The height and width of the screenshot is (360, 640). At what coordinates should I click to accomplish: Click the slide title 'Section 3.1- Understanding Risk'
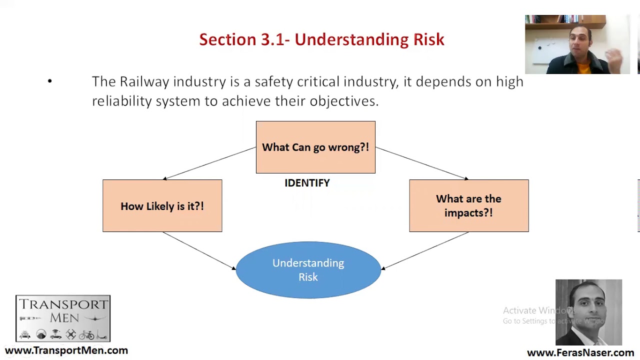tap(321, 39)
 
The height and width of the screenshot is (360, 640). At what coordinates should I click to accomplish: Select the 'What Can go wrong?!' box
tap(315, 147)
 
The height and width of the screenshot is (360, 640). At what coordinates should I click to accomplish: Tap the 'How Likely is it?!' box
tap(162, 205)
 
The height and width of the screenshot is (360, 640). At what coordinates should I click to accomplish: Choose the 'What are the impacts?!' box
tap(468, 205)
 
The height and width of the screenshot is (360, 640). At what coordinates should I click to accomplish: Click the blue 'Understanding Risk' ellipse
tap(308, 270)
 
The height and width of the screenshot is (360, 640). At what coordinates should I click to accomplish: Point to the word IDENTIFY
tap(307, 183)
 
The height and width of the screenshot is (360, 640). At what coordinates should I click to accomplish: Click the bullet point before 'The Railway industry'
tap(49, 81)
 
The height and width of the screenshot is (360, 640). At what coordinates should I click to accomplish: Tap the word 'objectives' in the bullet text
tap(343, 101)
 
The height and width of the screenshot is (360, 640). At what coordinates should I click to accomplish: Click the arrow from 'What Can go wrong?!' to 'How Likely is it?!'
tap(210, 162)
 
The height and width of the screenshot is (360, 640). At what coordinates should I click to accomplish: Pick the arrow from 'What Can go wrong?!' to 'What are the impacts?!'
tap(421, 162)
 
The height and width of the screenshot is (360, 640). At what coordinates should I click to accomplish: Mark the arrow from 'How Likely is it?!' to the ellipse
tap(198, 250)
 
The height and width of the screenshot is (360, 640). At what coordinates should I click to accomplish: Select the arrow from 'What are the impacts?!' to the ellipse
tap(425, 250)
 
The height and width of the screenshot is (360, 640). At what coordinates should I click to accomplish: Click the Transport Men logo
tap(63, 318)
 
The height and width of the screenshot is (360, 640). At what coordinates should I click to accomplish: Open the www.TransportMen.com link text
tap(66, 350)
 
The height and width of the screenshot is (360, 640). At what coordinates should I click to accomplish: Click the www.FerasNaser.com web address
tap(580, 353)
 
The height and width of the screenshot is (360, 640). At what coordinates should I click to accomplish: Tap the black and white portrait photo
tap(588, 312)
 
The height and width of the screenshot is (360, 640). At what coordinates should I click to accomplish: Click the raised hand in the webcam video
tap(616, 60)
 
